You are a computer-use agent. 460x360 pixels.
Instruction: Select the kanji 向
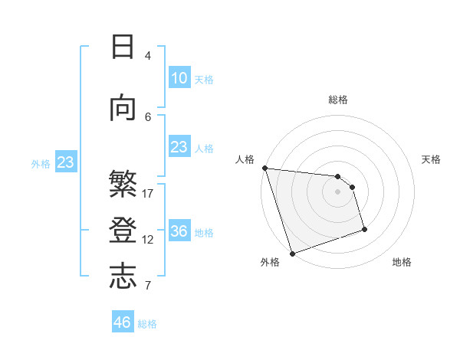pyautogui.click(x=123, y=109)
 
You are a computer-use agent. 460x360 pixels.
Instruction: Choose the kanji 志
pyautogui.click(x=123, y=276)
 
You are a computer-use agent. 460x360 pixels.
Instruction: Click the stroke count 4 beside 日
pyautogui.click(x=147, y=55)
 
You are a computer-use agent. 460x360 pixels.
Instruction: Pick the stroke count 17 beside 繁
pyautogui.click(x=148, y=193)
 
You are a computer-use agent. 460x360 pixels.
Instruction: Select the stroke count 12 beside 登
pyautogui.click(x=148, y=239)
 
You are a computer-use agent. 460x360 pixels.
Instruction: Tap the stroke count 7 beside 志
pyautogui.click(x=148, y=286)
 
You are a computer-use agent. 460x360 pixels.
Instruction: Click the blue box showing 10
pyautogui.click(x=179, y=78)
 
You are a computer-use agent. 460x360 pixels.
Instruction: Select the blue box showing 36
pyautogui.click(x=179, y=231)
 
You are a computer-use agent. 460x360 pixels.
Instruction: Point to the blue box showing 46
pyautogui.click(x=122, y=322)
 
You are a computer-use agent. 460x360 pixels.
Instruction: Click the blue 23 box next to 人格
pyautogui.click(x=179, y=147)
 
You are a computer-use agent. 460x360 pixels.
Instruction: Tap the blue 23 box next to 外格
pyautogui.click(x=65, y=162)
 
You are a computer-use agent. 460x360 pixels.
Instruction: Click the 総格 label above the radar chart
pyautogui.click(x=337, y=100)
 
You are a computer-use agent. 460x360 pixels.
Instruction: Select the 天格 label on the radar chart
pyautogui.click(x=431, y=159)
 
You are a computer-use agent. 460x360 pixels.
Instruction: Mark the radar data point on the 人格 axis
pyautogui.click(x=264, y=168)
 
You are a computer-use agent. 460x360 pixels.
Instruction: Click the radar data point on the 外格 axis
pyautogui.click(x=292, y=253)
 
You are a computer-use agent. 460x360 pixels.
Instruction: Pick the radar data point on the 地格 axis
pyautogui.click(x=364, y=229)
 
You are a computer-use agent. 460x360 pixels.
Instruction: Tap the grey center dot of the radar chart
pyautogui.click(x=337, y=191)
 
